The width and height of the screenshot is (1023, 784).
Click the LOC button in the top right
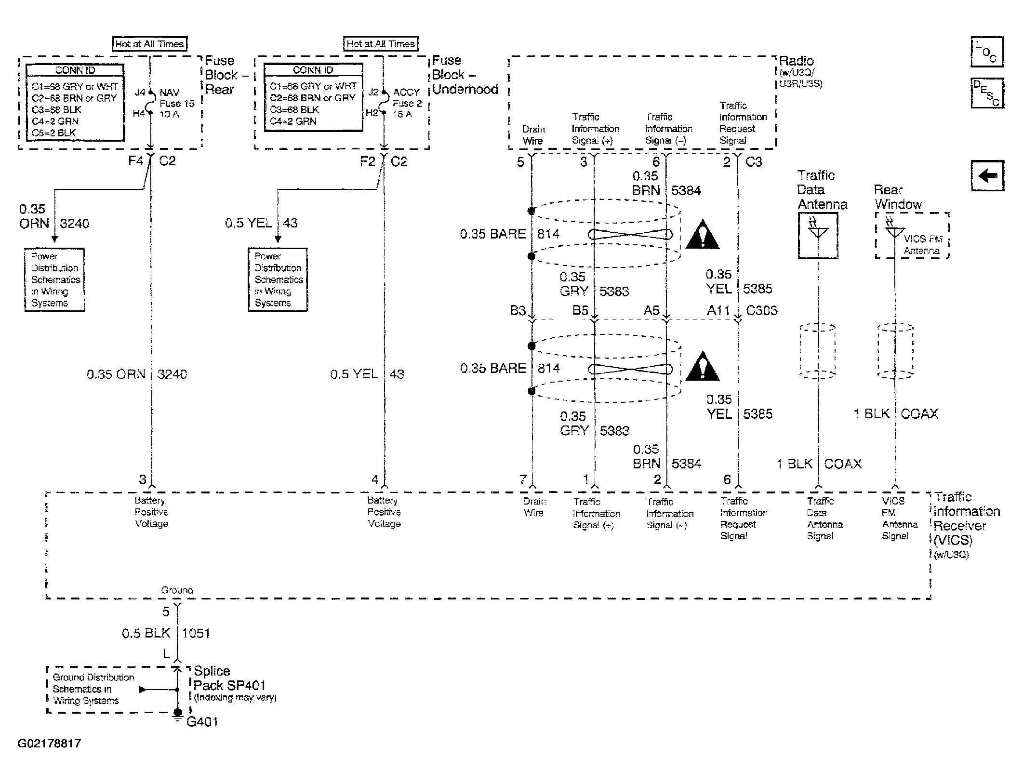(987, 52)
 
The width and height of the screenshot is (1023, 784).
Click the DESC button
(987, 93)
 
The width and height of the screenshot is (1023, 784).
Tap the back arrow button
(987, 175)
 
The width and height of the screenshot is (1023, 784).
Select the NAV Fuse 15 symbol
(151, 103)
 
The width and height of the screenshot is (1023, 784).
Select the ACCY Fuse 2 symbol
(384, 102)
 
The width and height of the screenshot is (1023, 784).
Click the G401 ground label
(202, 722)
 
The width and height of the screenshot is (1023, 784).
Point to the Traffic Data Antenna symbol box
(818, 236)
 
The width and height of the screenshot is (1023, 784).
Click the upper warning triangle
(703, 235)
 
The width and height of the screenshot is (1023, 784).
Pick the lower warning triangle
(703, 366)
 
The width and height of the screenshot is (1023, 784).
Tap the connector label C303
(762, 310)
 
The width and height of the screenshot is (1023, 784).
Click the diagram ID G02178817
(49, 744)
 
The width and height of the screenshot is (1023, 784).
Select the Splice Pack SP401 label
(229, 678)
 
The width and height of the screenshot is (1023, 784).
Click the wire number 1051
(197, 633)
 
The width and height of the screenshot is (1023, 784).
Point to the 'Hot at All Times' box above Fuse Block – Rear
(149, 44)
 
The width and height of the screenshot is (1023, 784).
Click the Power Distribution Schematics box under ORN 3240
(54, 279)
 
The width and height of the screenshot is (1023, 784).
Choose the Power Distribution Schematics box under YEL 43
(278, 279)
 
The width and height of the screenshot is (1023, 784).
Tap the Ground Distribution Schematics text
(93, 689)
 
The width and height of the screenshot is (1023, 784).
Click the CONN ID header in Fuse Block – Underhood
(313, 70)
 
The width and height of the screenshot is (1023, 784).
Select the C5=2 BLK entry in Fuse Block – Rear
(53, 133)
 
